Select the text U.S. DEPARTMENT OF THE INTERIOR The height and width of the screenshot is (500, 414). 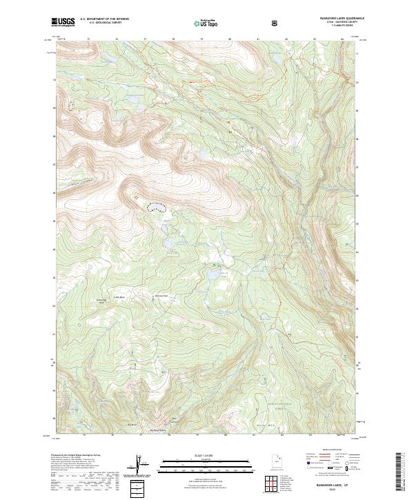pos(104,19)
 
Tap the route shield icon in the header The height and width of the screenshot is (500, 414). pos(277,23)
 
